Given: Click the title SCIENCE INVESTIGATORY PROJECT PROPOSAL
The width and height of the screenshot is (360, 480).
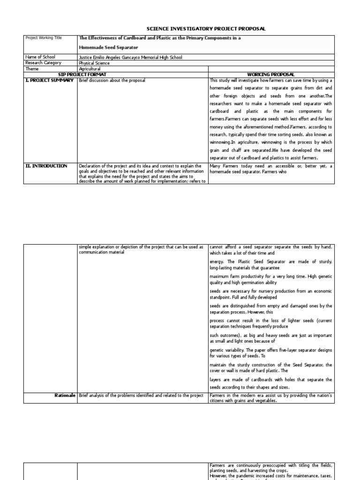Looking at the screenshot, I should coord(206,29).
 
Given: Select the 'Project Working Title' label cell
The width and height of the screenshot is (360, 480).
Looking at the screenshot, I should coord(43,38).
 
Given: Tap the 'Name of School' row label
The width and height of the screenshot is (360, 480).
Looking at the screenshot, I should coord(40,57).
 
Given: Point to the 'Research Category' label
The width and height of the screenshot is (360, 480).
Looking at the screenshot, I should coord(44,63).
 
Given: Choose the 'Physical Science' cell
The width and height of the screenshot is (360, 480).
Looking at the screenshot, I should coord(94,63).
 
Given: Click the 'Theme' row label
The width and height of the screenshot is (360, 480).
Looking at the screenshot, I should coord(32,68).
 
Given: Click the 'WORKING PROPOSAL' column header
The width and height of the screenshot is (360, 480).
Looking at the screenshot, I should coord(271,74).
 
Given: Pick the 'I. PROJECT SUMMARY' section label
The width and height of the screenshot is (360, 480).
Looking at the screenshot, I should coord(49,80).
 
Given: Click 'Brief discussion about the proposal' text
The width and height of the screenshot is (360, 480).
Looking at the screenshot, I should coord(112,80).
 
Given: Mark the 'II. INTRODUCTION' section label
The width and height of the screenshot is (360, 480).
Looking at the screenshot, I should coord(46,166).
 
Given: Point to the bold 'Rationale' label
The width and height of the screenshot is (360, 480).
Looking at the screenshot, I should coord(65,396).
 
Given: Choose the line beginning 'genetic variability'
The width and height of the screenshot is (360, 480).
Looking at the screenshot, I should coord(270,350).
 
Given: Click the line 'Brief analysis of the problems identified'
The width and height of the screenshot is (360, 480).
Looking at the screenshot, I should coord(141,396).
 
